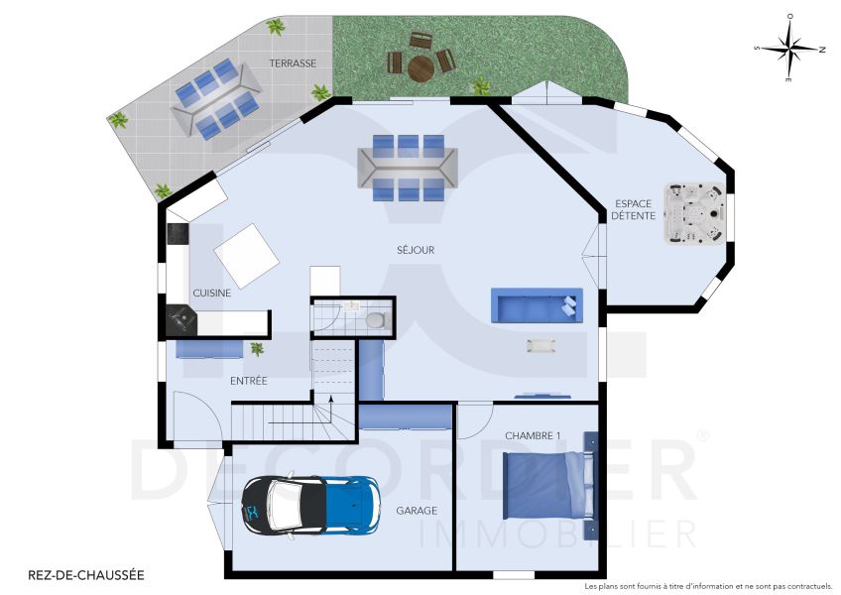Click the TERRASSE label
tap(293, 63)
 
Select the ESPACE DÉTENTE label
tap(632, 209)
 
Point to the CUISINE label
tap(212, 293)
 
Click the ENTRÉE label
tap(248, 381)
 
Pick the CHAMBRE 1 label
tap(533, 435)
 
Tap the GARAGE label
tap(418, 511)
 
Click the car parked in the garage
tap(310, 503)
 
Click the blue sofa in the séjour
tap(536, 305)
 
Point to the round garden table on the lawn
tap(420, 67)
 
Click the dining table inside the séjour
tap(410, 169)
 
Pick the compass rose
tap(789, 48)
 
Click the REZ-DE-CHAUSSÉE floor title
tap(85, 574)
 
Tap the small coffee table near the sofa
tap(542, 345)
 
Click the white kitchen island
tap(246, 254)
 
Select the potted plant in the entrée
tap(258, 348)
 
